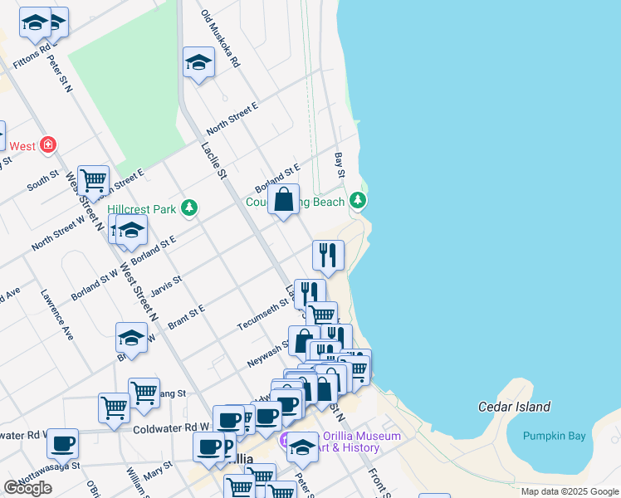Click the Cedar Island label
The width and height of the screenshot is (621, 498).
pyautogui.click(x=514, y=407)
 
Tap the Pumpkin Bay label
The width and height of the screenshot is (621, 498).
pyautogui.click(x=554, y=436)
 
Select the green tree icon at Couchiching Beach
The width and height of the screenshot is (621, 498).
pyautogui.click(x=358, y=200)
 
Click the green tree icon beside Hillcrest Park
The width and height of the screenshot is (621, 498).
pyautogui.click(x=189, y=207)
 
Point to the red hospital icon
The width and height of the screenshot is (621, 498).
pyautogui.click(x=49, y=145)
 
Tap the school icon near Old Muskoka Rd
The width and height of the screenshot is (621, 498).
pyautogui.click(x=198, y=62)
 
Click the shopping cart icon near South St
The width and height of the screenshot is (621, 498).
pyautogui.click(x=93, y=178)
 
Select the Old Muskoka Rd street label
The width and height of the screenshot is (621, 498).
pyautogui.click(x=221, y=39)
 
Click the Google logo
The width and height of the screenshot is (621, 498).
pyautogui.click(x=27, y=487)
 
